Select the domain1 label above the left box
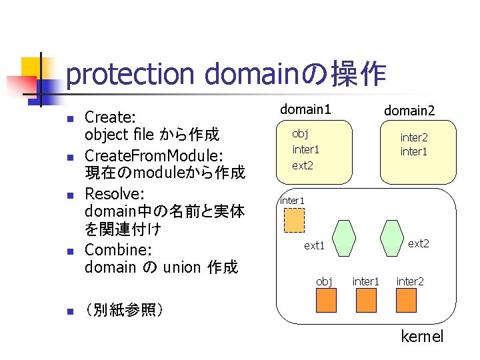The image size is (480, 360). (305, 109)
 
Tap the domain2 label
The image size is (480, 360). (409, 111)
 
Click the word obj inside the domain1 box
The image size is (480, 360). (300, 133)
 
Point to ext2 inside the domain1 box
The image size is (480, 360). (302, 165)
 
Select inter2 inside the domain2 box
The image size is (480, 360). (414, 137)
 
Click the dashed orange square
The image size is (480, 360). (294, 220)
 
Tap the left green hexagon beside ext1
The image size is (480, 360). (345, 237)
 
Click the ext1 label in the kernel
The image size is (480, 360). (314, 246)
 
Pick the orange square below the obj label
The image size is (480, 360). (326, 301)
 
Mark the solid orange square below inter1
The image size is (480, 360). (367, 301)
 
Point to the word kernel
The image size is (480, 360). (421, 337)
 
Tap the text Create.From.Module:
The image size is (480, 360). (154, 155)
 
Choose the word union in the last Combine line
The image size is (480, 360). (181, 267)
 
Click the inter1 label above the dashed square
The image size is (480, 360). (291, 201)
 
